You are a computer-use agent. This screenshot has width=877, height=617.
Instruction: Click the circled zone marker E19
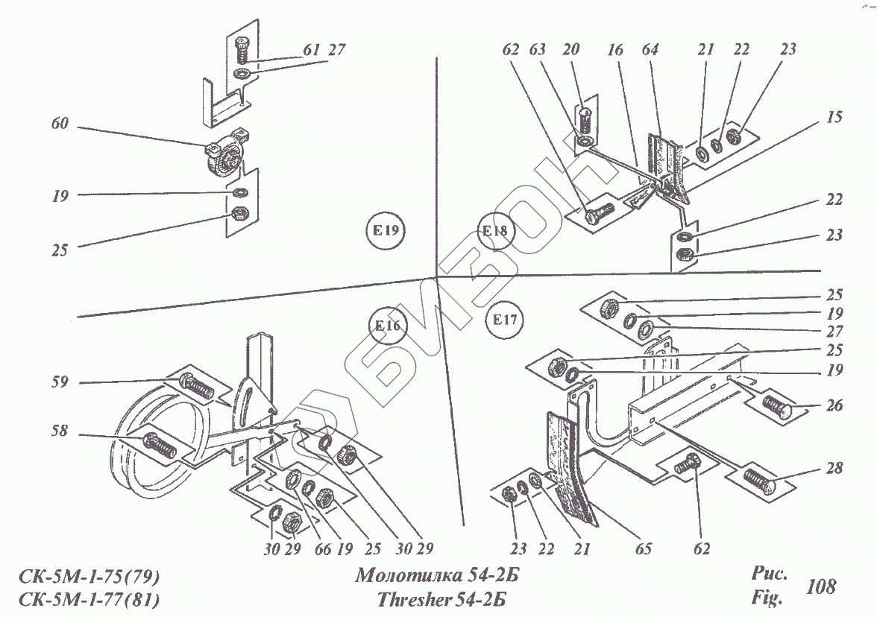[385, 231]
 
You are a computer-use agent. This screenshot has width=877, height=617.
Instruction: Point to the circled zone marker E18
[494, 230]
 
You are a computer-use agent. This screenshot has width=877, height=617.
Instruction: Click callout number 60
[60, 124]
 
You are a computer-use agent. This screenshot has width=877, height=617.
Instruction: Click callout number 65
[644, 549]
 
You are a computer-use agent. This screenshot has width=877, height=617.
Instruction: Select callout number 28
[833, 468]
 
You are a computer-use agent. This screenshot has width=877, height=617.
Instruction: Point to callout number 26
[833, 406]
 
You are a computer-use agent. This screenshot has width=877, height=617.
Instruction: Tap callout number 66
[321, 549]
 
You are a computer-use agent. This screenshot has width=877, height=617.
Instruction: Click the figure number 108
[822, 586]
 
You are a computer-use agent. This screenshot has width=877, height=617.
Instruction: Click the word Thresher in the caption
[413, 599]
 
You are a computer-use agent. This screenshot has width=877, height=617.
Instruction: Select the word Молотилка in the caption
[403, 576]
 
